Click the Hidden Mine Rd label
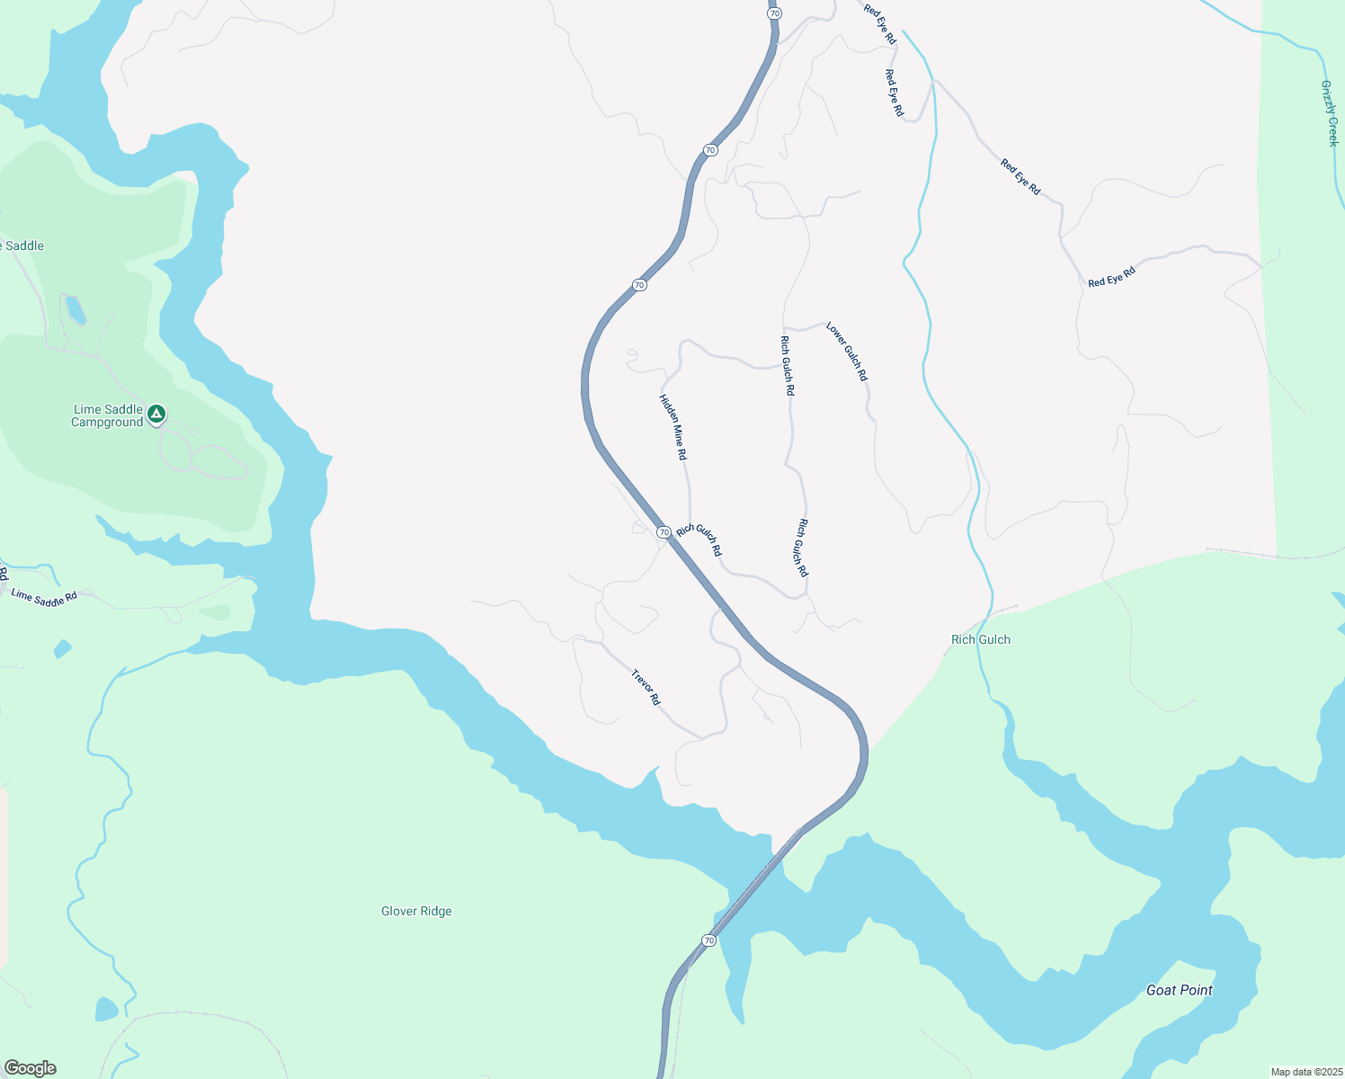pos(672,427)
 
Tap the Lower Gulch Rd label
pos(847,352)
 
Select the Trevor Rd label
pos(646,687)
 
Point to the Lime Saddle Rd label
pos(44,597)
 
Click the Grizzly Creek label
pos(1330,113)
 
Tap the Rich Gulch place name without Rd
pos(981,639)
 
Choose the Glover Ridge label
pos(416,911)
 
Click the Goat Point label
pos(1180,990)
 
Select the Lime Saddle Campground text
pos(108,415)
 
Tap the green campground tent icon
pos(156,414)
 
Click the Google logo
pos(30,1068)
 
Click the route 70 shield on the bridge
pos(709,941)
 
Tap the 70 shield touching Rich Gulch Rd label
pos(664,532)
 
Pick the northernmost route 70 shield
pos(775,13)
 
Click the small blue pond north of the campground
pos(76,310)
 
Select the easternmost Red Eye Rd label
pos(1111,277)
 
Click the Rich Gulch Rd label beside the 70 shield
pos(699,539)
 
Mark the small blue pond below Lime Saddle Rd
pos(62,648)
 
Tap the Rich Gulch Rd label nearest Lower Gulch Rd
pos(788,366)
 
